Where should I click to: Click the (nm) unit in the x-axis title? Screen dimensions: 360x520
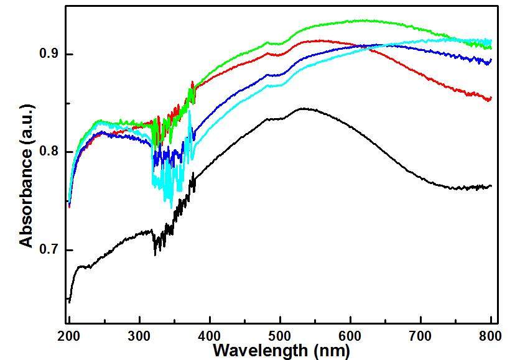tap(327, 351)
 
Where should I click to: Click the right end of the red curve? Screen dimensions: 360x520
tap(491, 98)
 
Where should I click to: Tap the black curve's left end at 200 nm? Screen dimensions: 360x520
tap(69, 302)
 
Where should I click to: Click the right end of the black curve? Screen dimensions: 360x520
tap(491, 186)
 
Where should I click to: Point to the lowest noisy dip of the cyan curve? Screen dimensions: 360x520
tap(171, 206)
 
